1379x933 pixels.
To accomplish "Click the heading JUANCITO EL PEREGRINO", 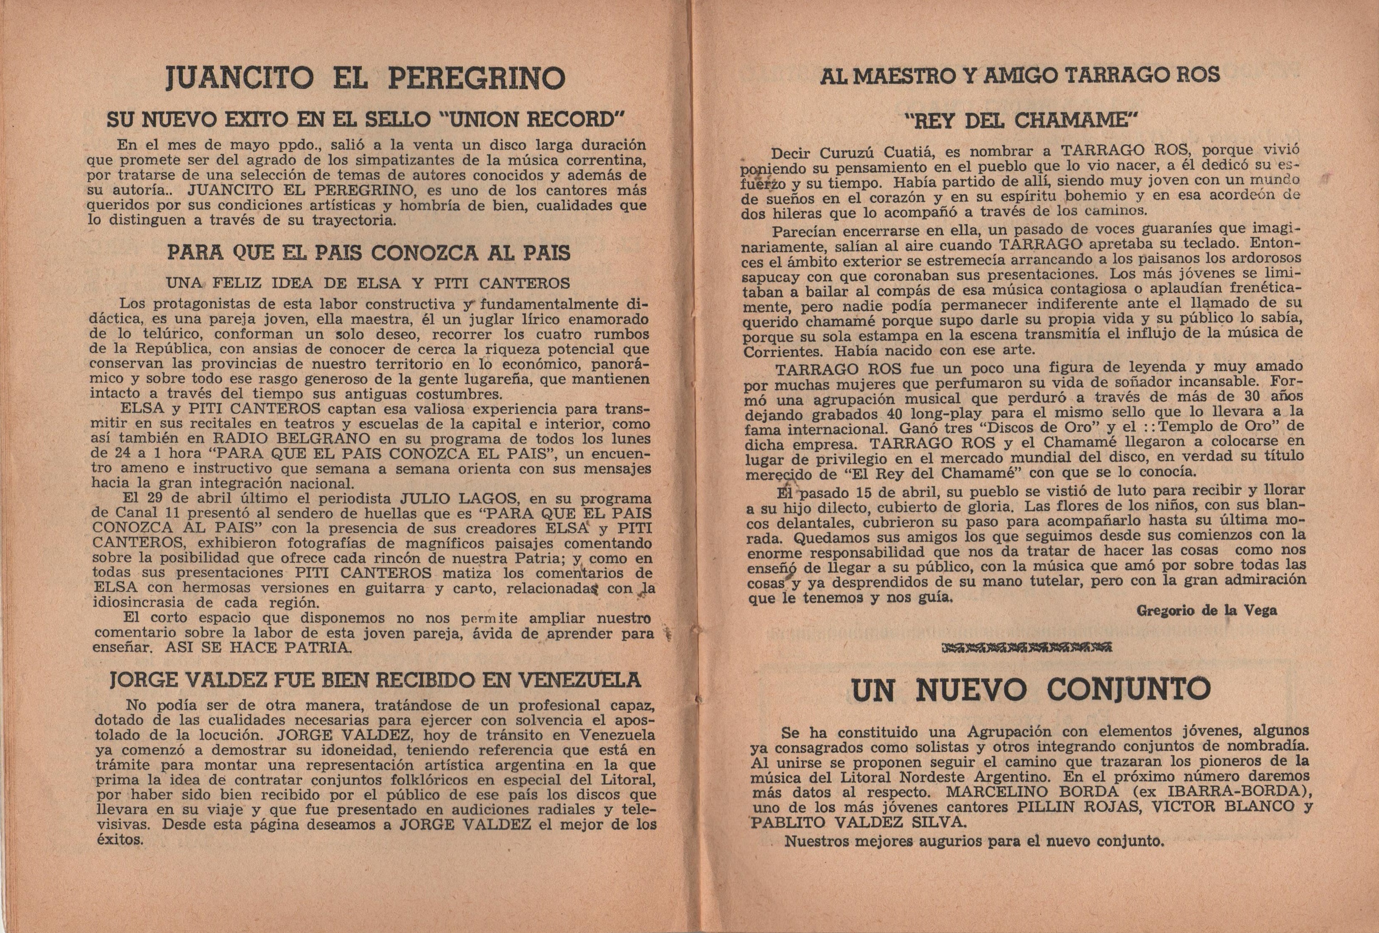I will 365,78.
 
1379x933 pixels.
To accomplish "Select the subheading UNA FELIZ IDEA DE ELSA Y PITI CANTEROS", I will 368,283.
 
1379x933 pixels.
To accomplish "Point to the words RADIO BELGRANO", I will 283,439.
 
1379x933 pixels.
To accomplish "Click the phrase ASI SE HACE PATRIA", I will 258,647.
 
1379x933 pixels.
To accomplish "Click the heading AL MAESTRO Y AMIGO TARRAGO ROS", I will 1019,75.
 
